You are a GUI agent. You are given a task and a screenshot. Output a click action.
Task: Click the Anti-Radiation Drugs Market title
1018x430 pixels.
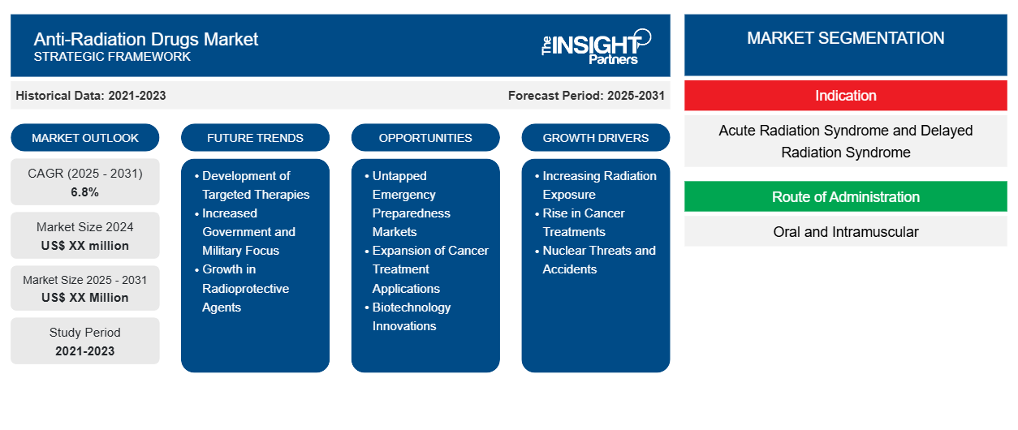pos(146,38)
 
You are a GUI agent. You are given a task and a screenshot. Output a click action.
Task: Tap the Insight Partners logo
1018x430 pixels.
pos(597,45)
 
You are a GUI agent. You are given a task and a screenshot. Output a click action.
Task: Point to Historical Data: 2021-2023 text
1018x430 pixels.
pos(91,96)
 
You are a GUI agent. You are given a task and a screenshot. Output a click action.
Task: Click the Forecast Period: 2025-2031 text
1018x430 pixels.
pos(586,96)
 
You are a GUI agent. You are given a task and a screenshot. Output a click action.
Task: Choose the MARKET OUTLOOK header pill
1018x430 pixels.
pos(85,138)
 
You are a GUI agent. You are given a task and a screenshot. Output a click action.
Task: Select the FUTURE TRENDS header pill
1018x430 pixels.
pos(255,138)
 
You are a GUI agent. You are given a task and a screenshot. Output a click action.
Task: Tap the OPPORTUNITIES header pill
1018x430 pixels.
pos(425,138)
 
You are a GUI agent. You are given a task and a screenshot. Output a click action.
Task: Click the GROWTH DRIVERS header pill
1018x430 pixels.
pos(596,138)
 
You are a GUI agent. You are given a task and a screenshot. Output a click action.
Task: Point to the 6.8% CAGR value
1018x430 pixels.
pos(85,192)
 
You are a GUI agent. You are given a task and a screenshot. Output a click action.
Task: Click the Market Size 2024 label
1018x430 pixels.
pos(85,227)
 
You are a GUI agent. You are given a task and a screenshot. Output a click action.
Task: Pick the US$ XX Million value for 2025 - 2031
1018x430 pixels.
pos(85,298)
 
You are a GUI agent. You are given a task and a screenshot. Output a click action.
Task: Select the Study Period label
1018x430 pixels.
pos(85,333)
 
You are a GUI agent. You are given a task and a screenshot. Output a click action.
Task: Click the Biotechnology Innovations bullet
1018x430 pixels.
pos(412,316)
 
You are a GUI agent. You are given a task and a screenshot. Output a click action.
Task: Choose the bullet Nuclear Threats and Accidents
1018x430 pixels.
pos(598,260)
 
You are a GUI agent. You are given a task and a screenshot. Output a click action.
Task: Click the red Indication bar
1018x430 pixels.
pos(846,96)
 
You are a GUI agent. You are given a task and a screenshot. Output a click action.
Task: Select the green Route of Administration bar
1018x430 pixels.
pos(846,197)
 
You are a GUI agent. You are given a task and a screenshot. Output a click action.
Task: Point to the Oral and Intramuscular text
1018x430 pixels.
pos(846,232)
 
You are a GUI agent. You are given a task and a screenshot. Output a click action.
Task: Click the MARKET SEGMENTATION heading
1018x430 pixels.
pos(846,38)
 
